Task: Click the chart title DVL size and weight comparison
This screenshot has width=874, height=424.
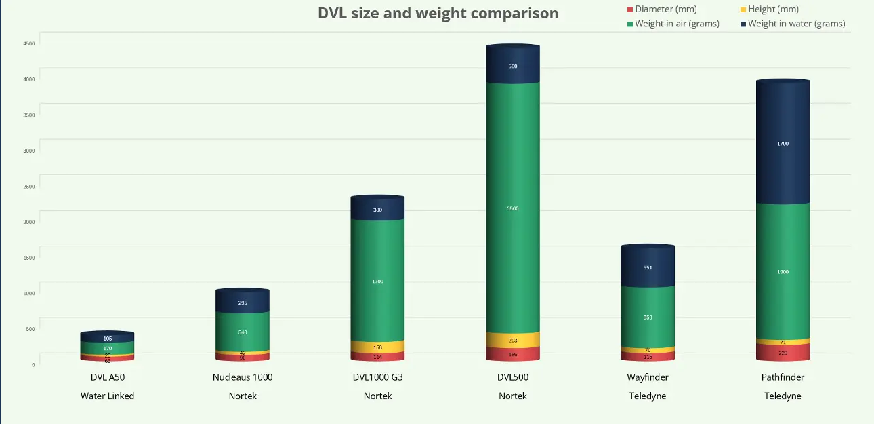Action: tap(438, 13)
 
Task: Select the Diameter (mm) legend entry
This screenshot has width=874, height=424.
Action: tap(665, 9)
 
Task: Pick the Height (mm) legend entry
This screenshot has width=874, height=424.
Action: tap(773, 9)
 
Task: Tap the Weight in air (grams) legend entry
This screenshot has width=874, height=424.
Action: tap(676, 24)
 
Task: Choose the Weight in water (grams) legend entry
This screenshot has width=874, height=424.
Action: tap(796, 24)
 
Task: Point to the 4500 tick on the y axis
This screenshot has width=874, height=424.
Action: tap(28, 43)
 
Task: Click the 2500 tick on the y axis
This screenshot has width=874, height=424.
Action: tap(28, 187)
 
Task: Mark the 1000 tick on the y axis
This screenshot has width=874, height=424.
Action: tap(28, 294)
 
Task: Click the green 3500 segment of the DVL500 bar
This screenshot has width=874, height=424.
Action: tap(513, 208)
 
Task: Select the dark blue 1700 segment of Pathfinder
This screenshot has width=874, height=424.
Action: tap(783, 144)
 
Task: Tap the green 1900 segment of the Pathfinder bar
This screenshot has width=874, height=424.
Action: tap(783, 271)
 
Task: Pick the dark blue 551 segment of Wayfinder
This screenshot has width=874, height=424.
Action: tap(648, 267)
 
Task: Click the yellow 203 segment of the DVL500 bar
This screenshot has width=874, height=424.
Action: tap(513, 340)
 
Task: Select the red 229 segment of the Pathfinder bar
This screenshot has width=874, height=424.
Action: tap(783, 353)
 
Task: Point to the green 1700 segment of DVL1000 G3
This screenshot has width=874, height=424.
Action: tap(377, 281)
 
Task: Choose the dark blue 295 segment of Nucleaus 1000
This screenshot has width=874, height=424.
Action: tap(243, 303)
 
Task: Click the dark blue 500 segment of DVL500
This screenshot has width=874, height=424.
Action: tap(513, 66)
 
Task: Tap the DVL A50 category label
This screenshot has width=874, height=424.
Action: tap(107, 377)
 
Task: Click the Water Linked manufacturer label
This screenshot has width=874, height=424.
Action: tap(107, 396)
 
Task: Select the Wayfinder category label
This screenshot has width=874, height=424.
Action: tap(648, 377)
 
